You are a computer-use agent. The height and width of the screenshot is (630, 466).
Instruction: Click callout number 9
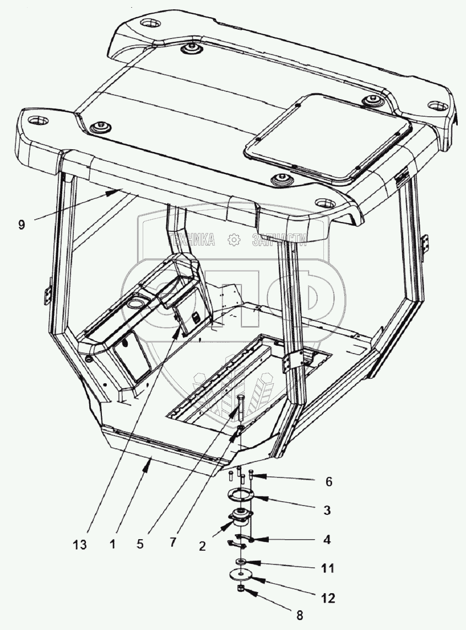click(21, 224)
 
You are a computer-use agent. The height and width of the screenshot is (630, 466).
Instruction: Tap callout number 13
click(80, 545)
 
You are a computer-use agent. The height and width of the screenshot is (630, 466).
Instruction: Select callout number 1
click(113, 544)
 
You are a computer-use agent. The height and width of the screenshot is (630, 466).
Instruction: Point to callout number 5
click(139, 544)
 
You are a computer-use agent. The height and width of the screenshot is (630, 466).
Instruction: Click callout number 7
click(173, 542)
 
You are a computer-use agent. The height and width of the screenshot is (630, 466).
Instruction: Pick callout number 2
click(202, 546)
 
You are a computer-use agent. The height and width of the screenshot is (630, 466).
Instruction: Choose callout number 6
click(329, 481)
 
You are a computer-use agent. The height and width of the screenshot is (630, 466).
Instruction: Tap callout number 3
click(327, 510)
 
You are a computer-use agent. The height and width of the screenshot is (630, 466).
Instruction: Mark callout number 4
click(327, 540)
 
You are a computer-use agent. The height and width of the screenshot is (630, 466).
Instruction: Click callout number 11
click(328, 568)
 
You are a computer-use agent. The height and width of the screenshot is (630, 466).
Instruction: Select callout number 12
click(328, 598)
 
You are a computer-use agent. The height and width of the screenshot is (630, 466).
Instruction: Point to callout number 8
click(299, 615)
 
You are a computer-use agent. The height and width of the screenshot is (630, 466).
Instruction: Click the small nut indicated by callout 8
click(241, 589)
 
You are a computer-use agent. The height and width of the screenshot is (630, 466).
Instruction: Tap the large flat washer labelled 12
click(240, 575)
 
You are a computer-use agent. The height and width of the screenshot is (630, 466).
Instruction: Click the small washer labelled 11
click(240, 561)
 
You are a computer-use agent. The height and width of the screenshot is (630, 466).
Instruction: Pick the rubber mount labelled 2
click(240, 518)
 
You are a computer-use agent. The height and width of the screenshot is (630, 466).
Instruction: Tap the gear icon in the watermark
click(234, 240)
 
